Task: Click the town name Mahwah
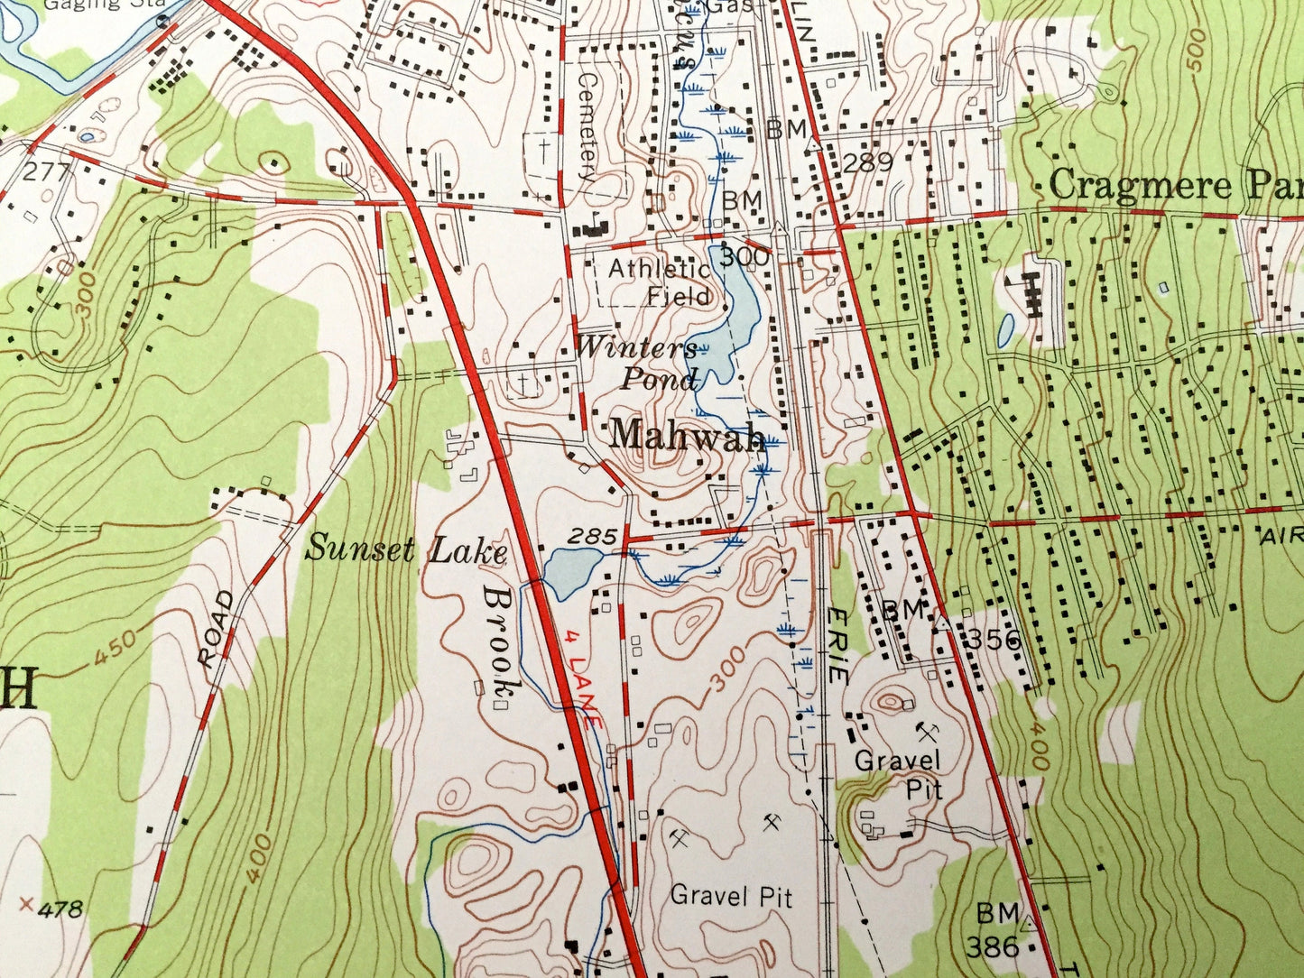(688, 436)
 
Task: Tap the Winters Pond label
(638, 362)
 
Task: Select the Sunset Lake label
(405, 549)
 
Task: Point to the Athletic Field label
(660, 281)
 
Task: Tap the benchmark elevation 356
(996, 641)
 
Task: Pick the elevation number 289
(869, 162)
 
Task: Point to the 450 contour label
(115, 647)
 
